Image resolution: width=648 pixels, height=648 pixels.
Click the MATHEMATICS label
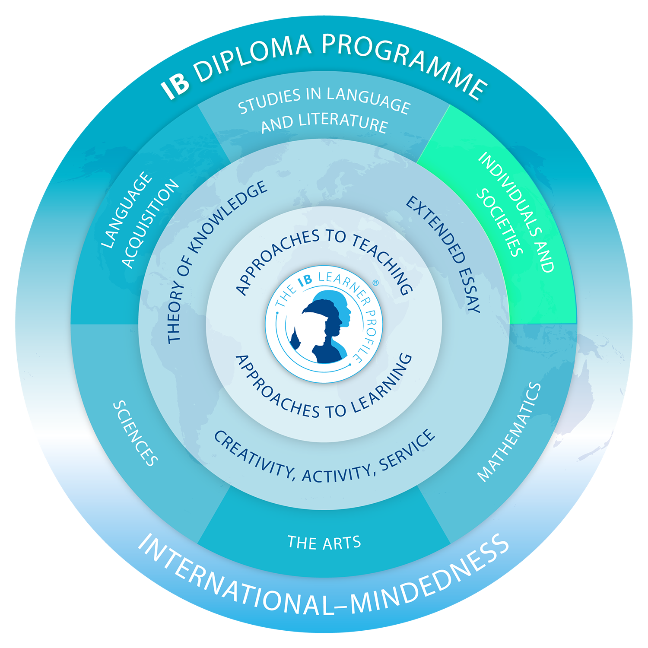click(509, 432)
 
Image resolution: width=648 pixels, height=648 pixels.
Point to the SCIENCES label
click(135, 433)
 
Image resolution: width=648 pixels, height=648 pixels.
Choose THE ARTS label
click(324, 543)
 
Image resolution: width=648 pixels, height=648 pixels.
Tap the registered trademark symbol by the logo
click(375, 283)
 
